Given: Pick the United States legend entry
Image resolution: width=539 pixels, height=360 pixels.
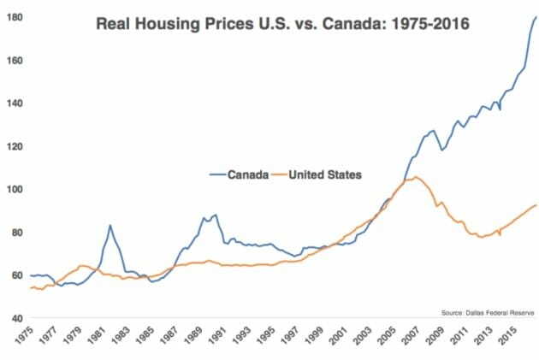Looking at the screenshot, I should tap(326, 174).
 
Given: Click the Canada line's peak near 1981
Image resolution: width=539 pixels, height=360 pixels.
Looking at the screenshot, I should tap(110, 225).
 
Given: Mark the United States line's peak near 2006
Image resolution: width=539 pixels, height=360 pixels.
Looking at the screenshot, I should tap(415, 177).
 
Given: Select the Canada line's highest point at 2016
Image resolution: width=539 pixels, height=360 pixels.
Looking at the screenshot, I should tap(536, 17).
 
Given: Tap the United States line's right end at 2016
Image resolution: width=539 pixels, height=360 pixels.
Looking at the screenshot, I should tap(536, 204).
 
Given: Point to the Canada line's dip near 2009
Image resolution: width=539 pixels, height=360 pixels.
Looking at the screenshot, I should tap(442, 150).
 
